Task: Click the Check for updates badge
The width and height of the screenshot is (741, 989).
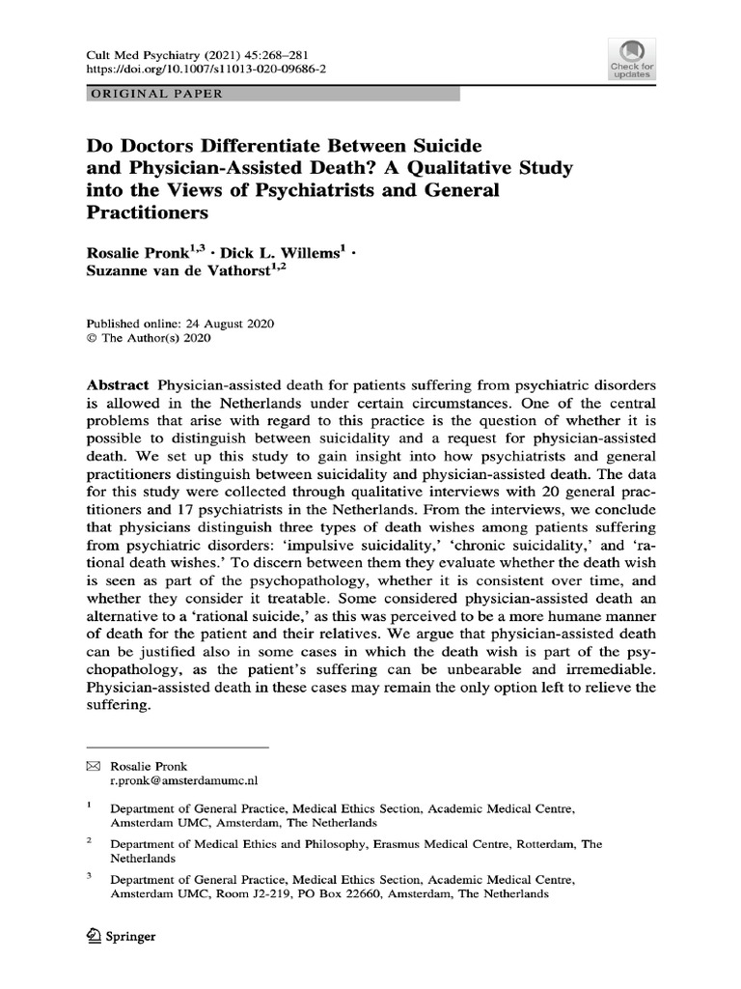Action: coord(631,60)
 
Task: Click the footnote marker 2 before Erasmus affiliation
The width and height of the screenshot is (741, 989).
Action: coord(88,841)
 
